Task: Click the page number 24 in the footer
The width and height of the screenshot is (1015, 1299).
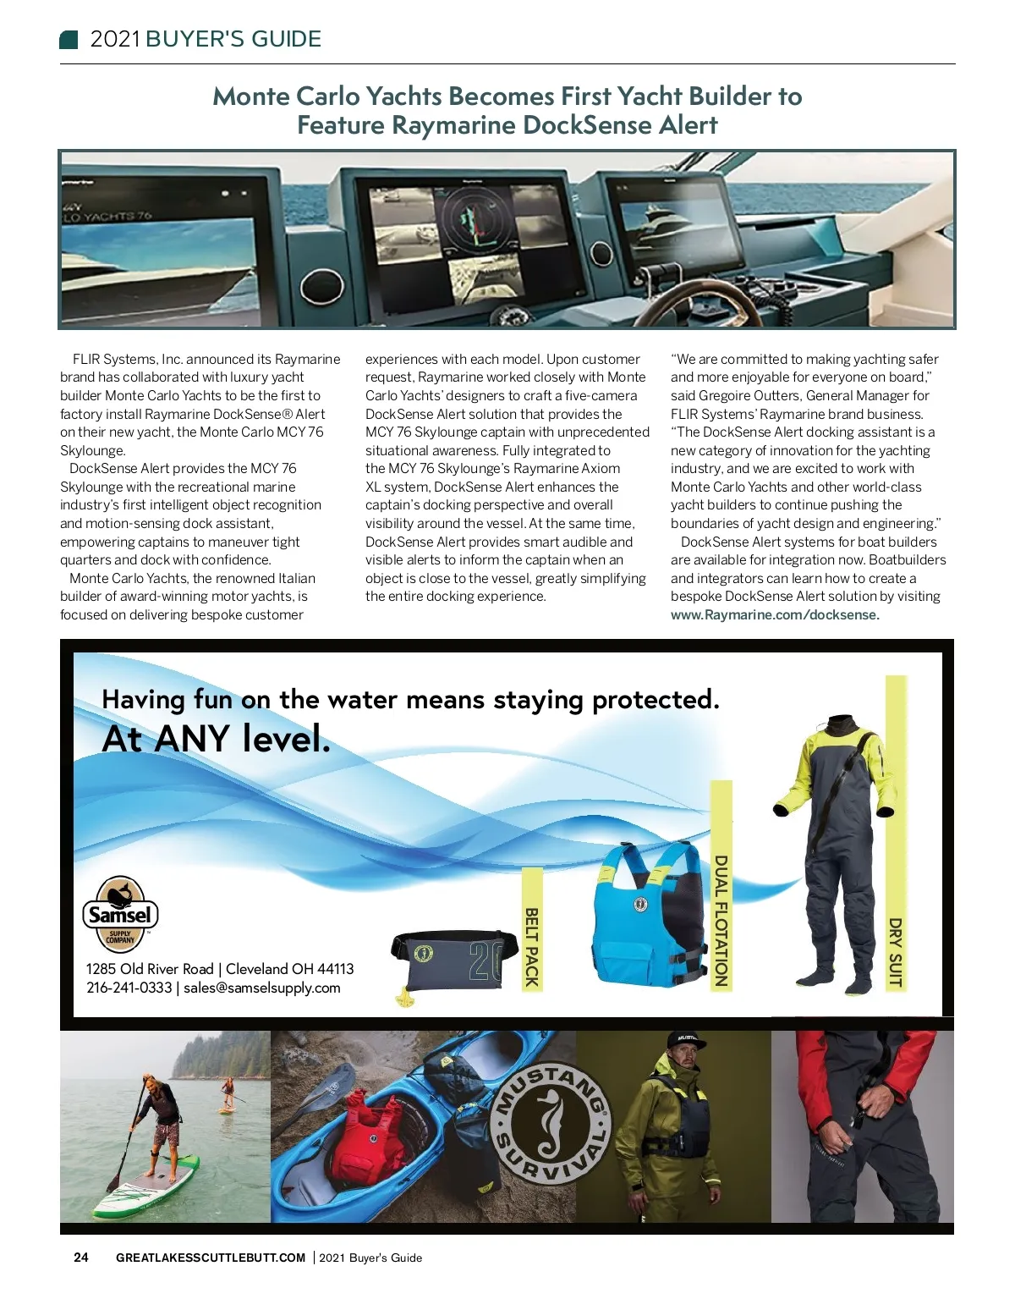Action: pos(81,1257)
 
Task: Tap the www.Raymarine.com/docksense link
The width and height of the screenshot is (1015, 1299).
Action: pos(775,615)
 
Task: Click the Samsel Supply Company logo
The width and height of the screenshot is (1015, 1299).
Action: pos(120,914)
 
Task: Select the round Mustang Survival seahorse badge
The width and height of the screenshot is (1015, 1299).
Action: pos(551,1124)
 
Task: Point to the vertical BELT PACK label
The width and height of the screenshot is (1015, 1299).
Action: pos(532,946)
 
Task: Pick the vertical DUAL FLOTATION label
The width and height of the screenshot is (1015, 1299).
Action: pos(721,920)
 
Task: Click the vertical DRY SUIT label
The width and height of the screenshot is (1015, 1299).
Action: pos(895,952)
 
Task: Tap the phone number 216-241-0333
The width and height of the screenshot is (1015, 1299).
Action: pos(129,988)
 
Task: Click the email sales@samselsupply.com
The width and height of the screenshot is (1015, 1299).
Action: pos(262,988)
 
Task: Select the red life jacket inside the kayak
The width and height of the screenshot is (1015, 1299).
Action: pos(375,1130)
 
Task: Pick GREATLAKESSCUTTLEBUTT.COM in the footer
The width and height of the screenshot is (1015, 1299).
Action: pos(211,1258)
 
